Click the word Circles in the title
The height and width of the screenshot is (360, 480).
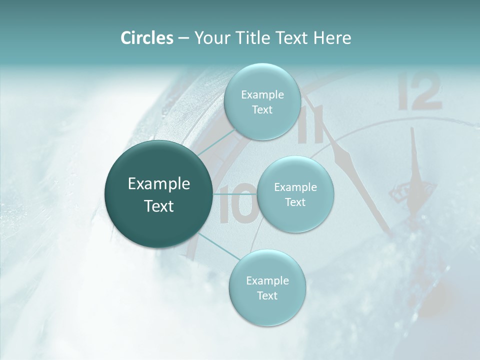[x=147, y=38]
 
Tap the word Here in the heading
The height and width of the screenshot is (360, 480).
[x=332, y=38]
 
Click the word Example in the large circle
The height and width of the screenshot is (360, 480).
[x=159, y=184]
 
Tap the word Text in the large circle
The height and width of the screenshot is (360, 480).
[x=159, y=206]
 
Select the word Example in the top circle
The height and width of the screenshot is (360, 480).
[x=262, y=94]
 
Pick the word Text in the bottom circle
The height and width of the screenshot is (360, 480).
[x=267, y=295]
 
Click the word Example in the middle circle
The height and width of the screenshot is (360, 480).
[x=295, y=187]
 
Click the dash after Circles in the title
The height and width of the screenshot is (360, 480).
[x=183, y=38]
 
